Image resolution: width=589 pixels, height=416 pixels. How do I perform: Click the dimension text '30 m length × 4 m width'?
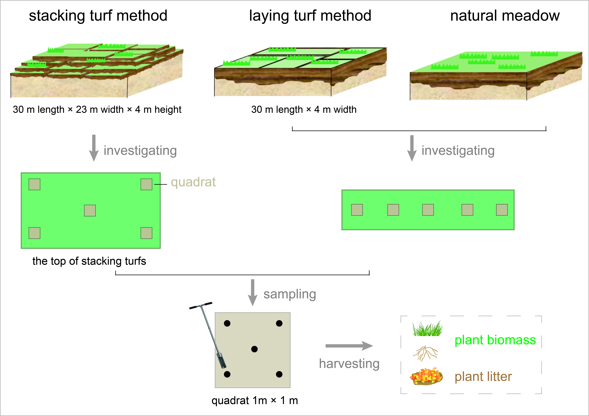tap(304, 110)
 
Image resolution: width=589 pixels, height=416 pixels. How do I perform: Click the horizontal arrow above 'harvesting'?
tap(349, 346)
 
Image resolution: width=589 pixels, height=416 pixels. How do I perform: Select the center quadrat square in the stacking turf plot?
tap(90, 210)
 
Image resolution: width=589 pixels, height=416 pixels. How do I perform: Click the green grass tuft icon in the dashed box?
tap(428, 328)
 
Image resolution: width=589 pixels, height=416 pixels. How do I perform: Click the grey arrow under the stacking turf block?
tap(94, 148)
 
